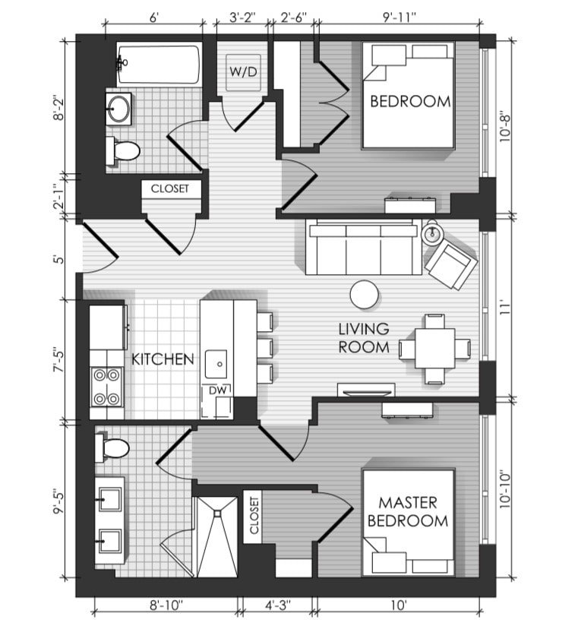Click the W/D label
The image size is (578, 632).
tap(243, 71)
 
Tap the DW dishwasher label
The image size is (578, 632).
tap(218, 390)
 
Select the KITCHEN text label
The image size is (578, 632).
tap(163, 359)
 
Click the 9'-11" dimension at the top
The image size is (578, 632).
tap(399, 17)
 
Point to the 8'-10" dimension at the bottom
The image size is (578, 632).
tap(166, 605)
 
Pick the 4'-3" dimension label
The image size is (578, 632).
tap(278, 605)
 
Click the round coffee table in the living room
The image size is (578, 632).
tap(365, 295)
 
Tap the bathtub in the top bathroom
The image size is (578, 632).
tap(159, 65)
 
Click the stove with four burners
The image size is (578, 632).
tap(107, 387)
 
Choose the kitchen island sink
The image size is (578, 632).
tap(216, 364)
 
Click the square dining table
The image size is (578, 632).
tap(435, 348)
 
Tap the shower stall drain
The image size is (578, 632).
tap(217, 513)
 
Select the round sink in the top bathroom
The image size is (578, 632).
tap(118, 109)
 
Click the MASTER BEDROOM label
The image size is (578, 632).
tap(408, 511)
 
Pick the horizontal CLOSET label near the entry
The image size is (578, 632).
tap(169, 188)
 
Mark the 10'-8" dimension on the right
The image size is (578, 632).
tap(504, 128)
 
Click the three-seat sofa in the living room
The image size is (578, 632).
tap(364, 247)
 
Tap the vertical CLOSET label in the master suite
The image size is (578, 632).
tap(254, 515)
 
